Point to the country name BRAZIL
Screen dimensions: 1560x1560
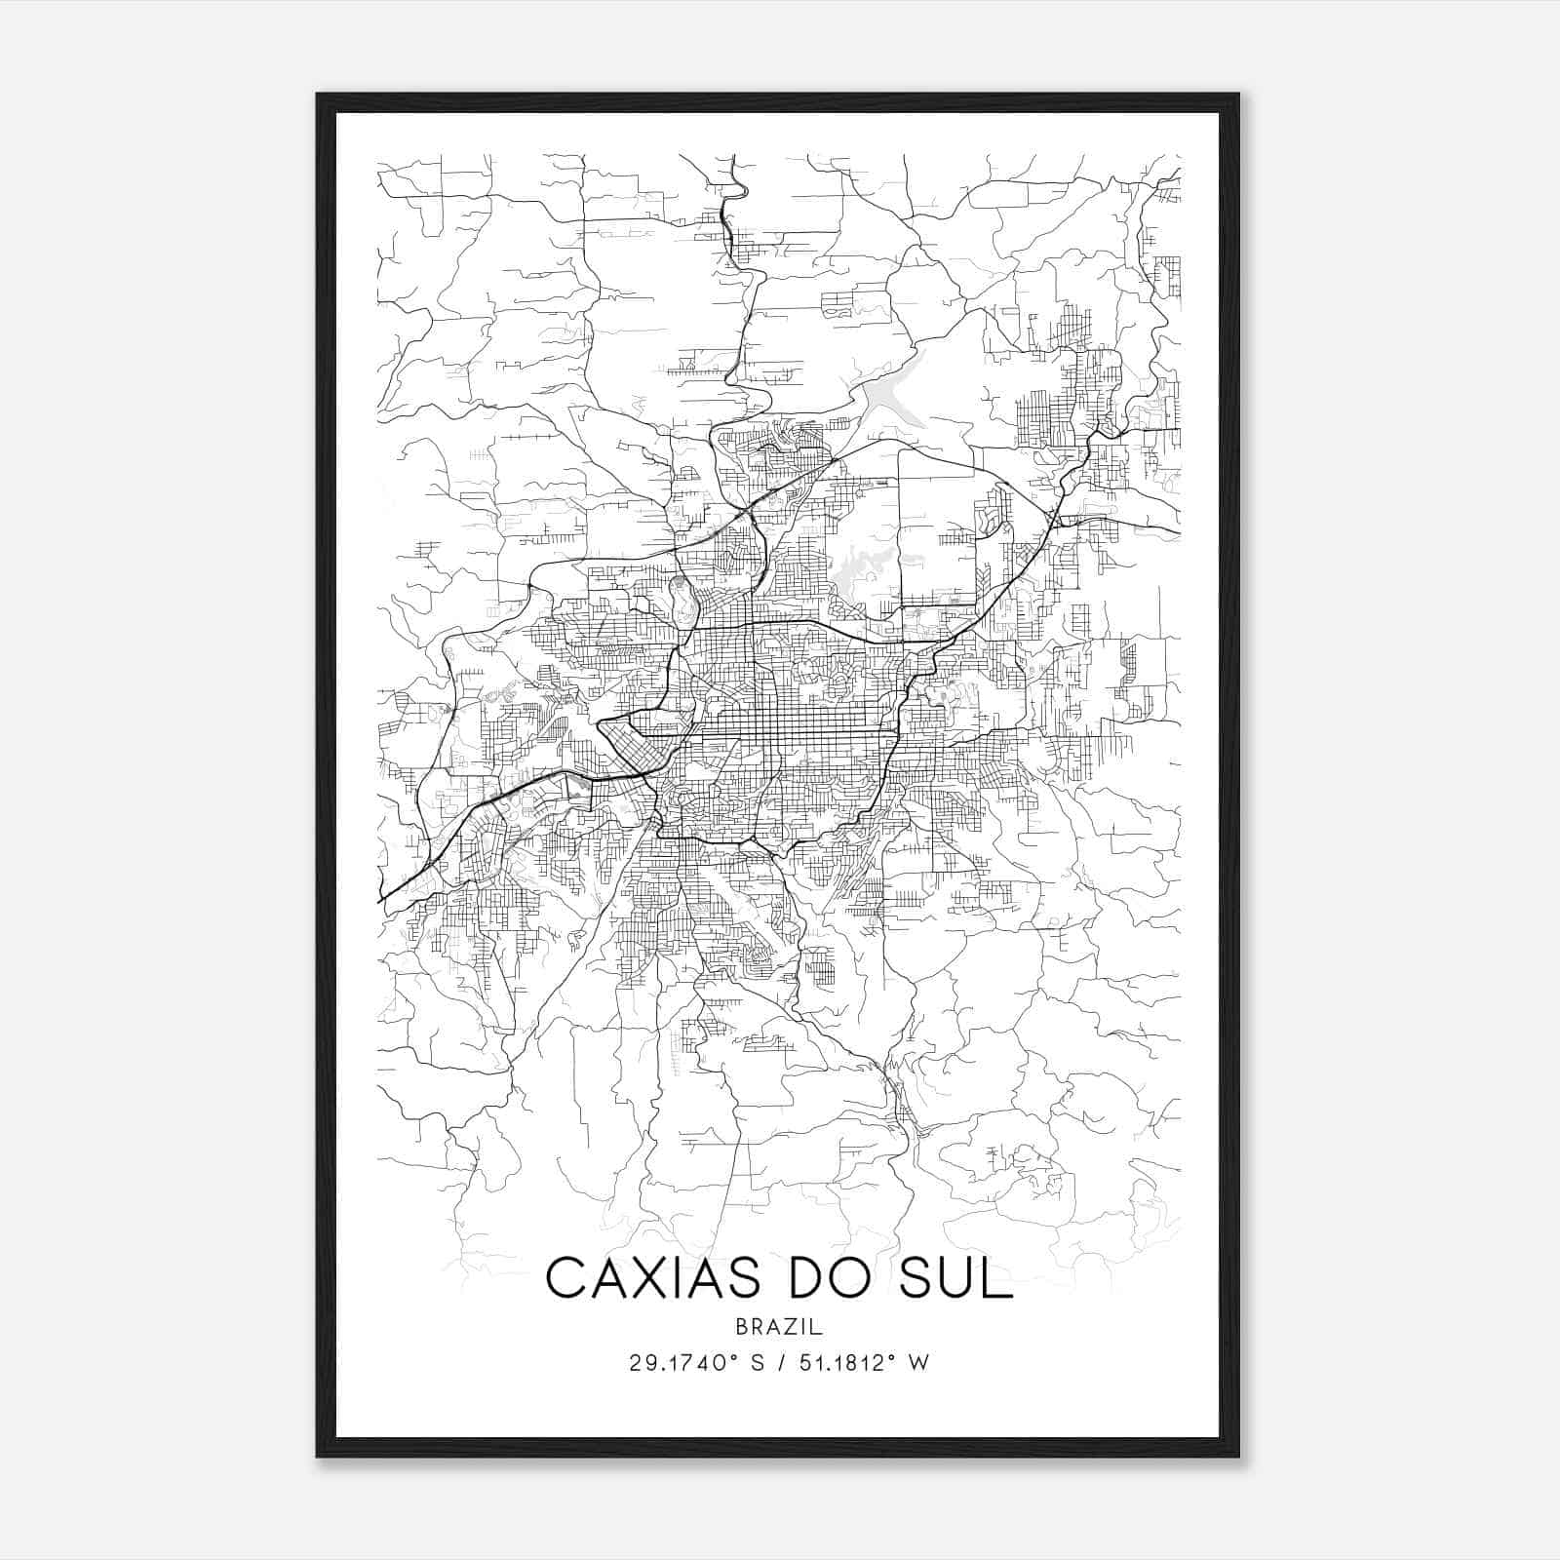click(780, 1327)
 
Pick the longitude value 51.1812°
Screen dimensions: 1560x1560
click(844, 1363)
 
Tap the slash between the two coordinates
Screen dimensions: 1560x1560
click(776, 1363)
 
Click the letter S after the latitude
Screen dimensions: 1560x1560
click(756, 1363)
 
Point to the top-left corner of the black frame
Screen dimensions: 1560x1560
click(318, 95)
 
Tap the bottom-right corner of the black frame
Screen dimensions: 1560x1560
click(1238, 1456)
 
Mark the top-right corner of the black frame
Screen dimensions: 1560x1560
click(1238, 95)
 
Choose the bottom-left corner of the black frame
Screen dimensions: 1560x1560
click(318, 1456)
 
